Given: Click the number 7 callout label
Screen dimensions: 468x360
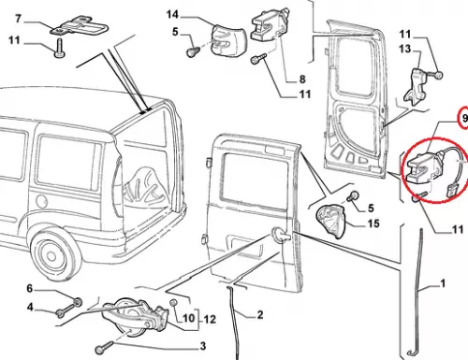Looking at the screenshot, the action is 18,19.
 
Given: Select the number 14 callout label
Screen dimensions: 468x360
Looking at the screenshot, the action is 172,14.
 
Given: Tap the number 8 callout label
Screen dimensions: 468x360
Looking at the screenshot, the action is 302,79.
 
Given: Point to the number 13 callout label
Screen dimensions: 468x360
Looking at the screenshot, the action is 404,49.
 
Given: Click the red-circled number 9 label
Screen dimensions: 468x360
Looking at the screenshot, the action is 464,118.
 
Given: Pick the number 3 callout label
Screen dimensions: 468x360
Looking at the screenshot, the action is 203,346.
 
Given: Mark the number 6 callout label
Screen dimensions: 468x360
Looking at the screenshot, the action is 30,288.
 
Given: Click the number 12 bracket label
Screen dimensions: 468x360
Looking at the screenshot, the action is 210,319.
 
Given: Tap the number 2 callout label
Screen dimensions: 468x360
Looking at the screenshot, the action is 260,315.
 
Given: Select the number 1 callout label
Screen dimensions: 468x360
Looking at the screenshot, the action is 443,283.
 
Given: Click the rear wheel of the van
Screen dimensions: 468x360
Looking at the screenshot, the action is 53,254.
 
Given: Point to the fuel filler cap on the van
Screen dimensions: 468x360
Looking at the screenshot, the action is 41,201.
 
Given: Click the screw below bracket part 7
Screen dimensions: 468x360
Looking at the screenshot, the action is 59,49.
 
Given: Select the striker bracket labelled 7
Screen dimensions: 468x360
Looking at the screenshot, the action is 80,26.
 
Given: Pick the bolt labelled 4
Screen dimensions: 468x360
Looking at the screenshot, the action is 66,310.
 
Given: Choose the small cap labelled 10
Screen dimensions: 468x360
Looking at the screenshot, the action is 173,303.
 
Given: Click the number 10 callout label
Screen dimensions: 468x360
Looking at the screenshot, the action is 188,319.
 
